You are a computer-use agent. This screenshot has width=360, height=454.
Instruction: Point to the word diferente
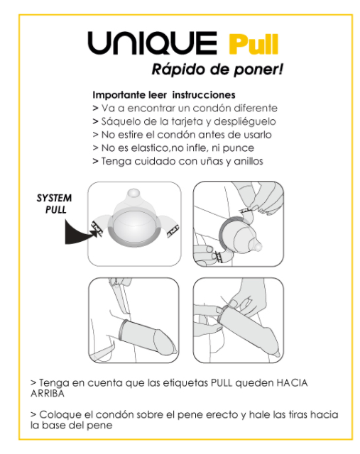[x=251, y=109]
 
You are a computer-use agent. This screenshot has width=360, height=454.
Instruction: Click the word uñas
[x=205, y=161]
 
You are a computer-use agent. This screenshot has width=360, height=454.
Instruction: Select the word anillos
[x=246, y=161]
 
